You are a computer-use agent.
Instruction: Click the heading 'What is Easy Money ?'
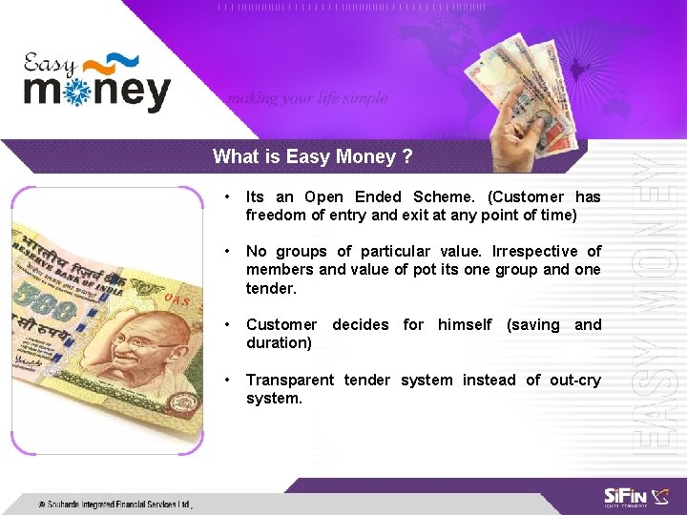click(313, 156)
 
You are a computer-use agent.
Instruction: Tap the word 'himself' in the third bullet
click(466, 325)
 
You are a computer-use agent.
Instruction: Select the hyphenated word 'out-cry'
click(575, 381)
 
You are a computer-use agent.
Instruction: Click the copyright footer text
click(114, 505)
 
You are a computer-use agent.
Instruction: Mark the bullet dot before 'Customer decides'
click(226, 325)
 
